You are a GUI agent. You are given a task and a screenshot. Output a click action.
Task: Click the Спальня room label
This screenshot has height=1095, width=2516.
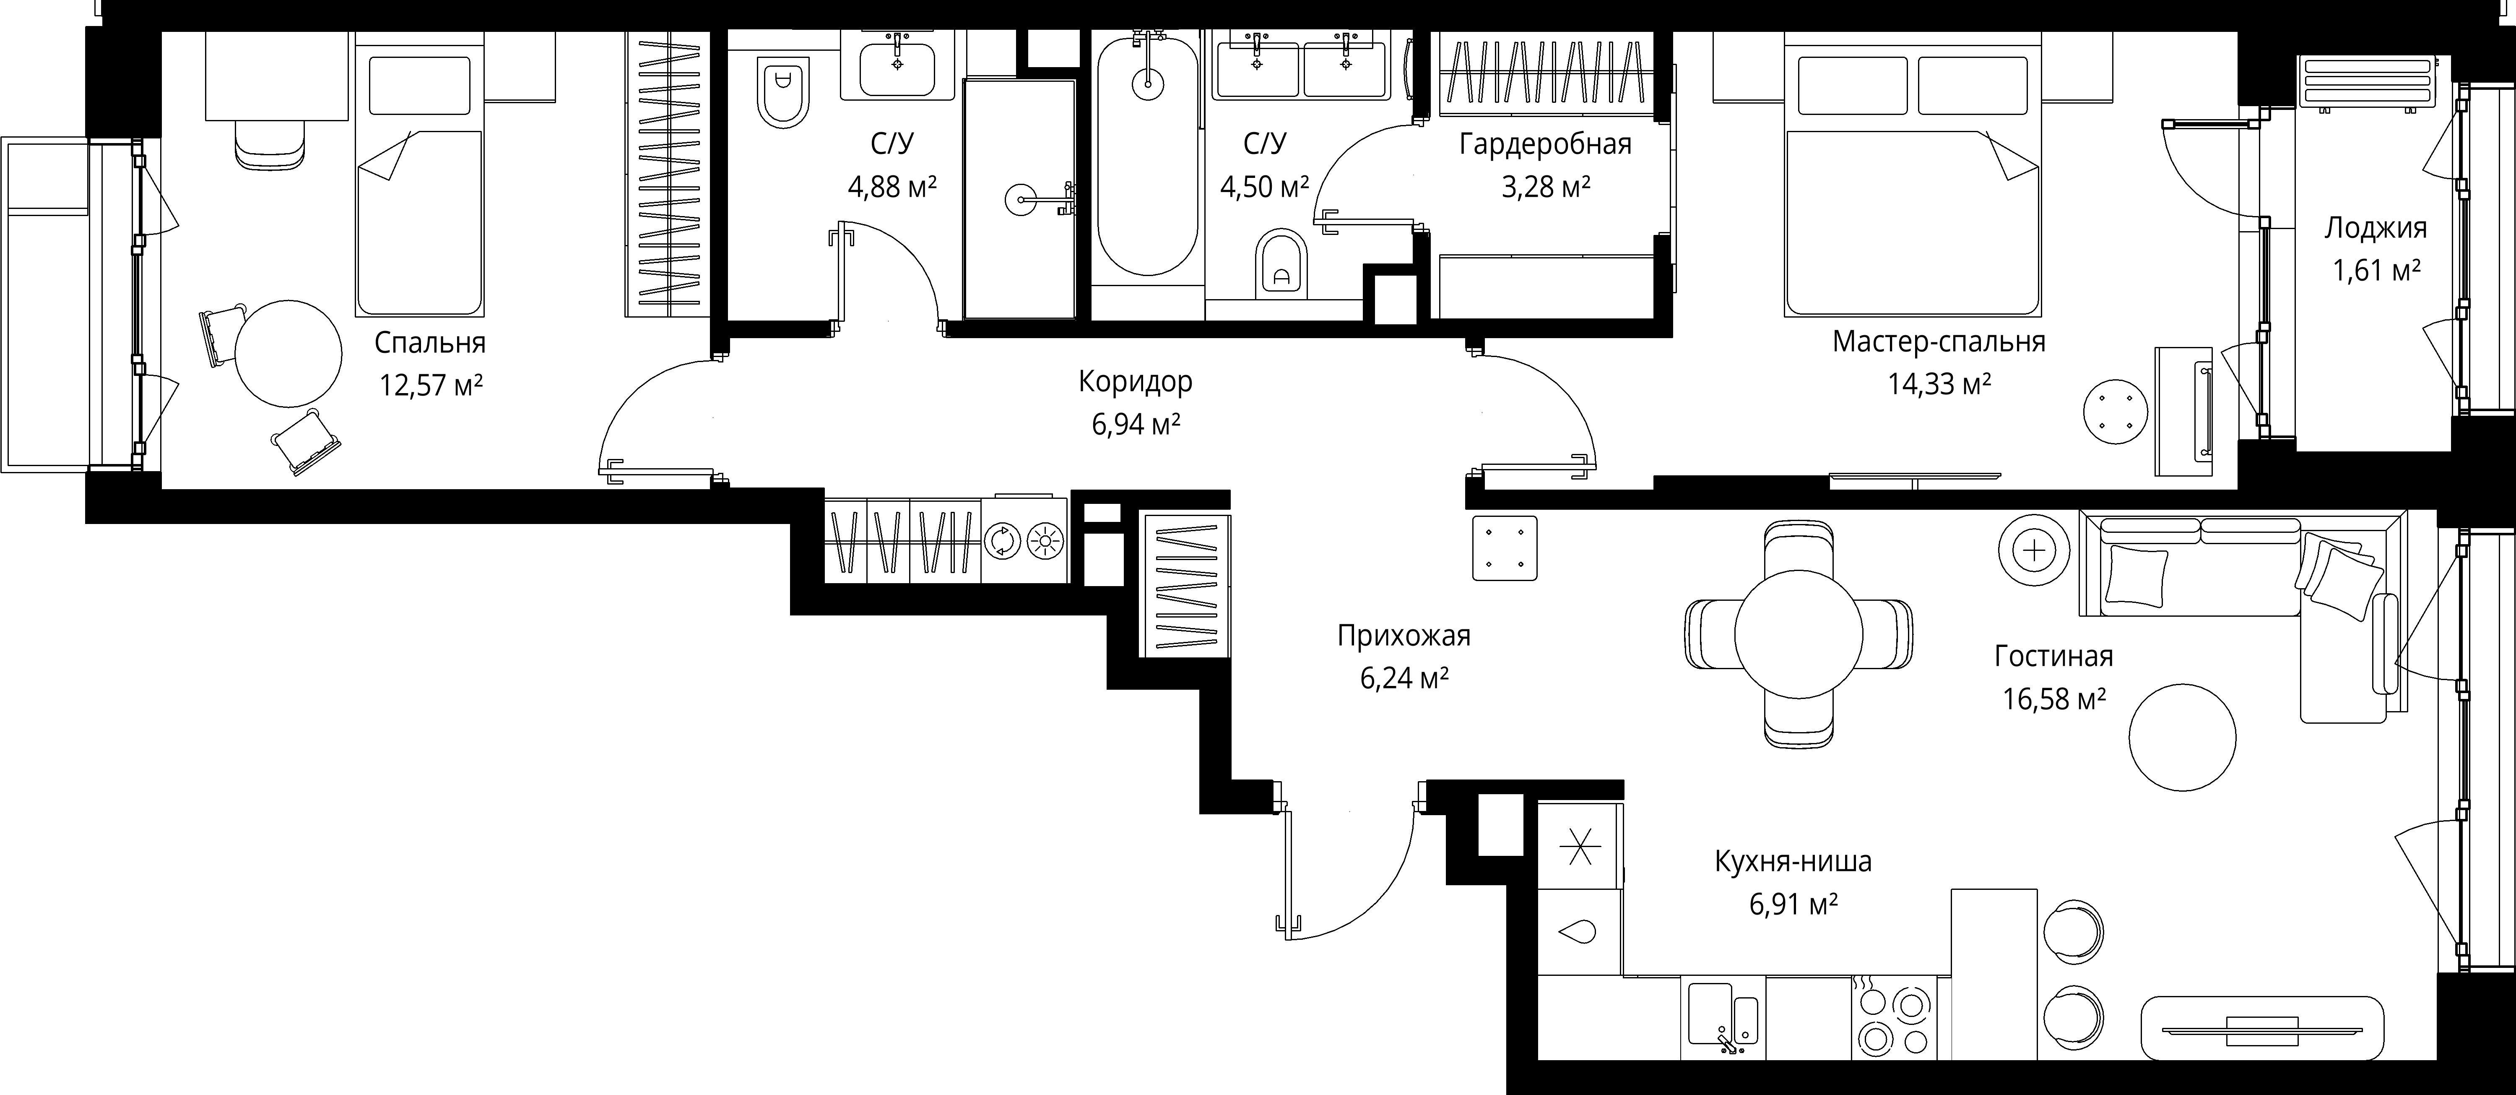[x=430, y=343]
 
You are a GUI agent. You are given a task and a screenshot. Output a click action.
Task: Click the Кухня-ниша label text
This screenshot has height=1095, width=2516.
[x=1793, y=862]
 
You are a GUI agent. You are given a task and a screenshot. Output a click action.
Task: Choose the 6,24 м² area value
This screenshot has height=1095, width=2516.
[x=1404, y=677]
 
